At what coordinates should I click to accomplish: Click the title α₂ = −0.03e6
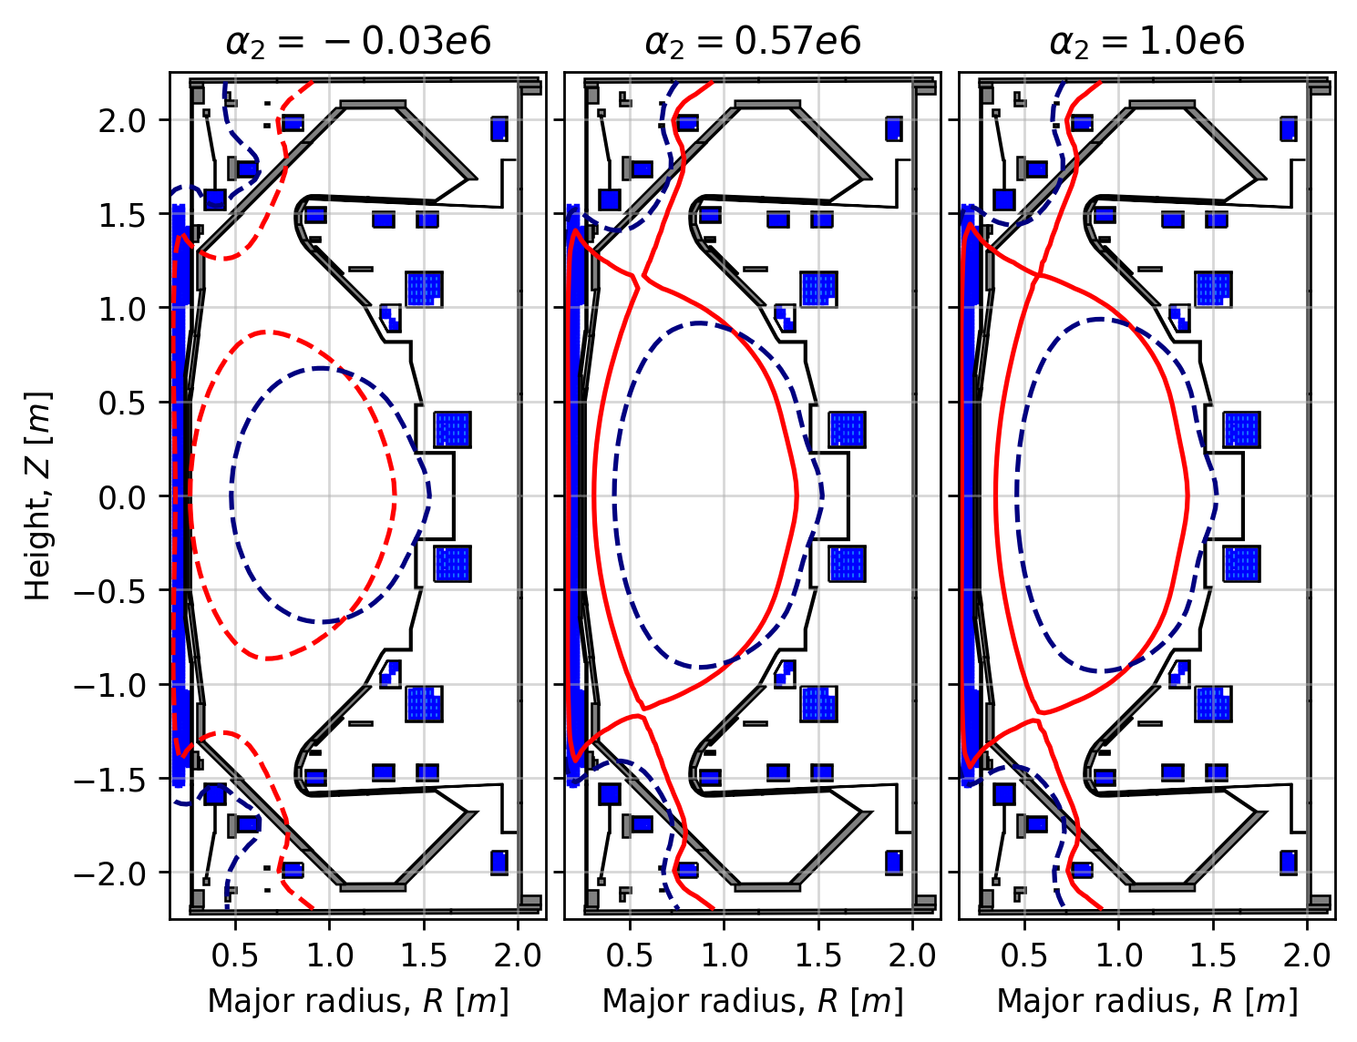358,42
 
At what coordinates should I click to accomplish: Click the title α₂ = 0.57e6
753,42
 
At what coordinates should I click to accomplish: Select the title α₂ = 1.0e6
1147,42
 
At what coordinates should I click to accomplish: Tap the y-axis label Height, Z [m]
38,496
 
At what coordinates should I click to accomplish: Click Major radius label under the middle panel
753,1001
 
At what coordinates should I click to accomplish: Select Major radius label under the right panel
1147,1001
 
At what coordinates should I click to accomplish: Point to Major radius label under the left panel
358,1001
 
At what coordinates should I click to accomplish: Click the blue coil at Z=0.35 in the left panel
452,429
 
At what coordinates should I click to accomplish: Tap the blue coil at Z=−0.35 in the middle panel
847,564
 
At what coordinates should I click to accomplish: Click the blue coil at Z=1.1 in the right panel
1213,290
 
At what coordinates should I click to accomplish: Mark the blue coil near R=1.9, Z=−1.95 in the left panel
499,861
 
